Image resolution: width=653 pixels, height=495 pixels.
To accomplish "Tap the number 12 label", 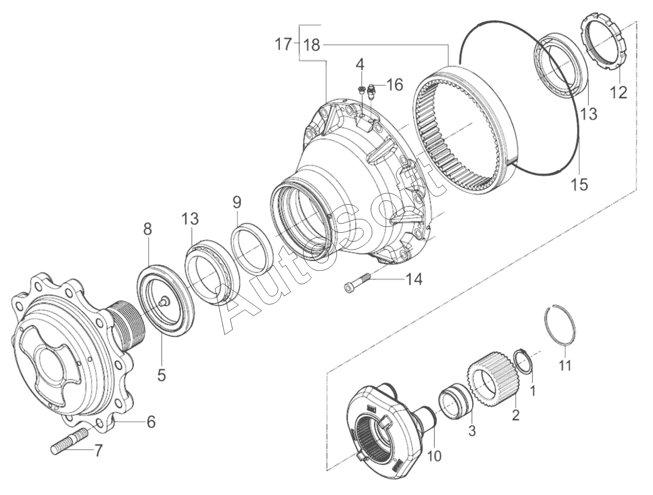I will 619,92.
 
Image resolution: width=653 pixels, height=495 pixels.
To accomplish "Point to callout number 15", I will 579,184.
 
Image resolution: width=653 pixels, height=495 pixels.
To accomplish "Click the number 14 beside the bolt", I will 414,279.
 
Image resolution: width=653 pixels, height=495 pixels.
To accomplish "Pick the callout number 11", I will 565,365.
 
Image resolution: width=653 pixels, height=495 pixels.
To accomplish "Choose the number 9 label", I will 236,202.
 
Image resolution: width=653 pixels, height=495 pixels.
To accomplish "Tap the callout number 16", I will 394,84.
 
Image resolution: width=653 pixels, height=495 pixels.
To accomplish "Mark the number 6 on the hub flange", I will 151,422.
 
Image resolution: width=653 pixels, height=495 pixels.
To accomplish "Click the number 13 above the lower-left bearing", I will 189,219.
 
